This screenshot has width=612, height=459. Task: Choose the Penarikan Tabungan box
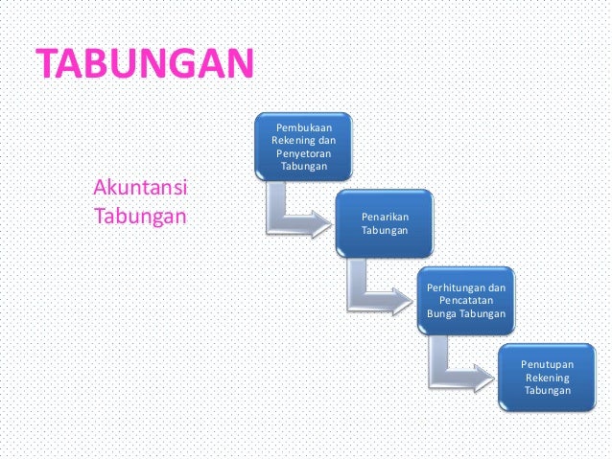pyautogui.click(x=385, y=224)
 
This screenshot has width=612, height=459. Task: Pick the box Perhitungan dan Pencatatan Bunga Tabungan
pyautogui.click(x=465, y=301)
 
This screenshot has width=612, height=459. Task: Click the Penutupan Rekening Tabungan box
pyautogui.click(x=547, y=378)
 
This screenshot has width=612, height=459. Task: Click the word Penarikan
pyautogui.click(x=385, y=218)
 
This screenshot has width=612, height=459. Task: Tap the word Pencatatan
pyautogui.click(x=465, y=301)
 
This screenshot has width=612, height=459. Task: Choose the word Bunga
pyautogui.click(x=442, y=314)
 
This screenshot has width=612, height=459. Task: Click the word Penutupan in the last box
pyautogui.click(x=547, y=364)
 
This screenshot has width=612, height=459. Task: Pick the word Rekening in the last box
pyautogui.click(x=547, y=378)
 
